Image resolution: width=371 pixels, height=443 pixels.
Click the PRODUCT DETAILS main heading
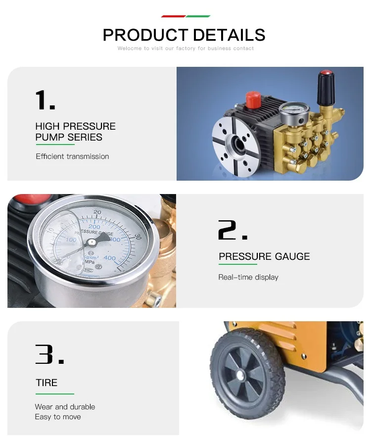pos(184,35)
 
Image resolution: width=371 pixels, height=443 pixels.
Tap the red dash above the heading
pos(173,16)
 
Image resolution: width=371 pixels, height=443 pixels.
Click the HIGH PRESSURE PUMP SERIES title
pos(75,132)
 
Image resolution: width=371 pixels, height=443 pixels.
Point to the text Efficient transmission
pos(72,156)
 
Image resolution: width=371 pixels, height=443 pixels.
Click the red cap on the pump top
pos(253,99)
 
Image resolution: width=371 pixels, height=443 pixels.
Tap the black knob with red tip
pos(326,88)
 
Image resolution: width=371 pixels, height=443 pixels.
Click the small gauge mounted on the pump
pos(294,113)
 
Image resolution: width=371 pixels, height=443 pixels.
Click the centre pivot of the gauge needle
pos(92,242)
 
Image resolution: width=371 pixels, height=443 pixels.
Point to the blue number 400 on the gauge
pos(109,258)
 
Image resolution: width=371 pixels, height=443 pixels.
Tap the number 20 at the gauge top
pos(97,212)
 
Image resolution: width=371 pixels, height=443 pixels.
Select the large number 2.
pos(233,230)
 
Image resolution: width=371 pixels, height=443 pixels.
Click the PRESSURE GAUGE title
pos(264,256)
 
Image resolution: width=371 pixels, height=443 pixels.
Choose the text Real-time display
pos(248,277)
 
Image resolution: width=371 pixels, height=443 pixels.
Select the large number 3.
pos(49,354)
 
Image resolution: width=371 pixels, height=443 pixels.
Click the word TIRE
pos(46,383)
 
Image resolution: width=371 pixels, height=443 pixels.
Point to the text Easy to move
pos(58,417)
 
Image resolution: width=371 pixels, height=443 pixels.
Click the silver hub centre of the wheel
pos(240,376)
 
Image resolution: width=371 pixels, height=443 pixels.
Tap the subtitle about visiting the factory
pos(185,49)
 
